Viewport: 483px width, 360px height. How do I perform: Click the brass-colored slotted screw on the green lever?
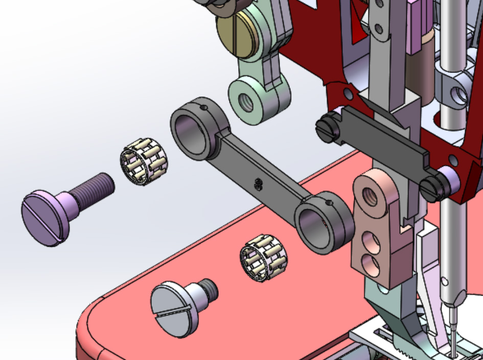[x=235, y=34]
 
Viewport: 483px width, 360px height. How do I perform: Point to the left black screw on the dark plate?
[x=328, y=128]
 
